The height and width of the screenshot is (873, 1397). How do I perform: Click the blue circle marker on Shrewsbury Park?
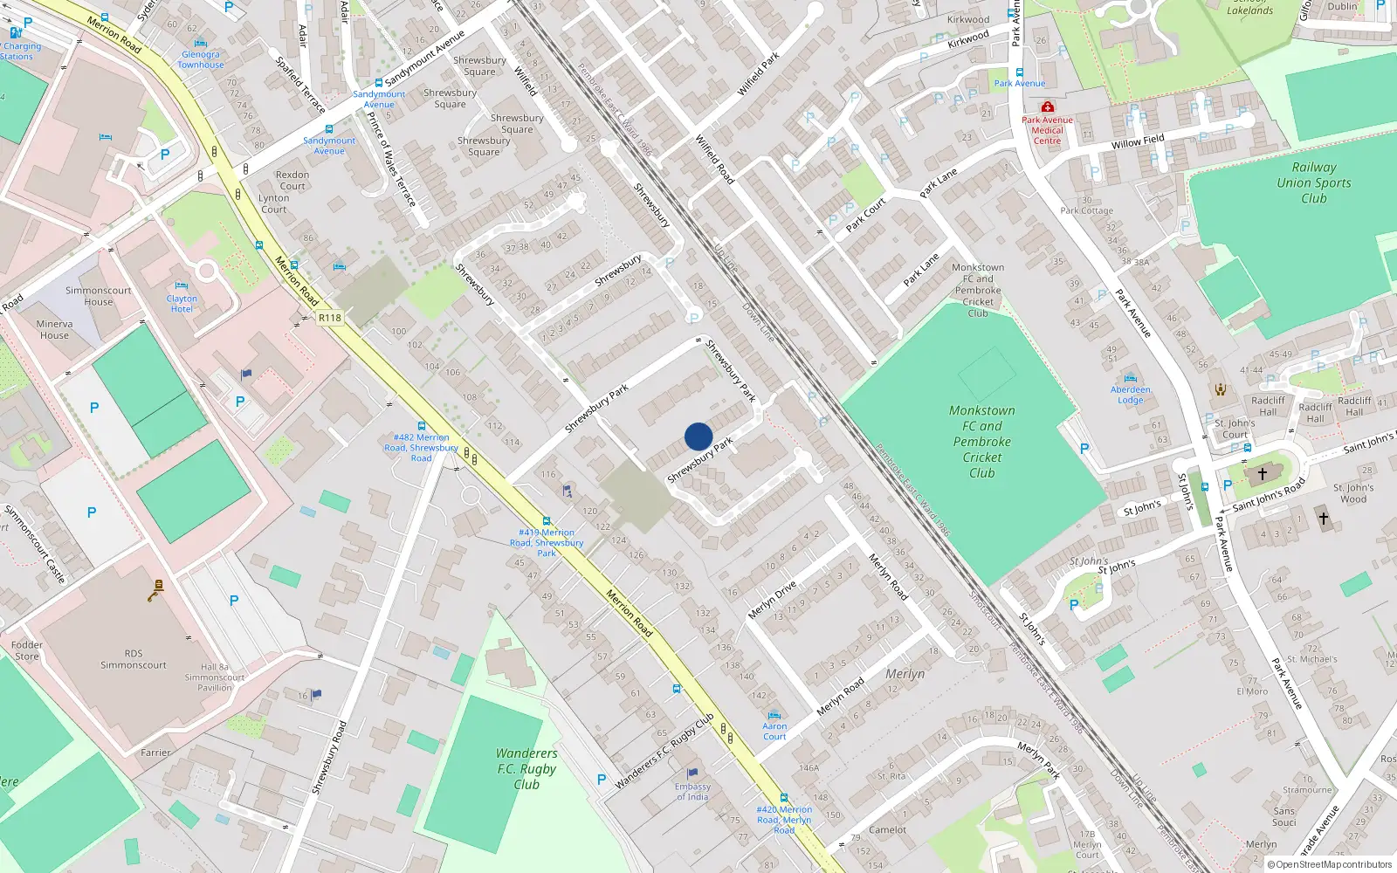(x=698, y=436)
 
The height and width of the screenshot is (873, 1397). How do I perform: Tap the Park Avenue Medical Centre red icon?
(x=1047, y=107)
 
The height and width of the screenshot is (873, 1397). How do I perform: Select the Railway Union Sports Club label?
(x=1313, y=182)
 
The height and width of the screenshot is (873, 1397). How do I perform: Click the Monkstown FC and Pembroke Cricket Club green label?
(x=981, y=442)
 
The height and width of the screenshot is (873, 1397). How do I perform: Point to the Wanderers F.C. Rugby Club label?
(x=526, y=768)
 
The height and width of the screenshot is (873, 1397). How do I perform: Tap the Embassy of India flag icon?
(x=692, y=773)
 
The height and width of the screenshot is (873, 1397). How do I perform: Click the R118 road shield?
(x=329, y=318)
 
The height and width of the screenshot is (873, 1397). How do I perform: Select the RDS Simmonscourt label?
(x=133, y=659)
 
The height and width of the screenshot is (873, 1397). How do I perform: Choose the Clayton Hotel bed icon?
(x=181, y=285)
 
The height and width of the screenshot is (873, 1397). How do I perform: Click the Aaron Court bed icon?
(x=774, y=715)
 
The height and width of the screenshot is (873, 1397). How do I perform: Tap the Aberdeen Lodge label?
(x=1131, y=395)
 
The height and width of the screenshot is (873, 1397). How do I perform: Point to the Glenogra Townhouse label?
(x=201, y=59)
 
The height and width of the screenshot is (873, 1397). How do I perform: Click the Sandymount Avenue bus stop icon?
(x=378, y=83)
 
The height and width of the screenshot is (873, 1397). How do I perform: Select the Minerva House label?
(x=54, y=329)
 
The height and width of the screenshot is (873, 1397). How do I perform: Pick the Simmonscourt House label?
(x=98, y=296)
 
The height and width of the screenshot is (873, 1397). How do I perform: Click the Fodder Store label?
(x=27, y=650)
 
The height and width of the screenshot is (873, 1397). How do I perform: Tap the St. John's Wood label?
(x=1353, y=493)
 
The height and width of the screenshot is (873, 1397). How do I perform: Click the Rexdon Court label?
(x=292, y=180)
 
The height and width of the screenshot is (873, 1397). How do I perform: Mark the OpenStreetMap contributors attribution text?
(x=1329, y=864)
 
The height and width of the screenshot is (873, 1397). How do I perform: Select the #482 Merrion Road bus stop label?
(x=421, y=447)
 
